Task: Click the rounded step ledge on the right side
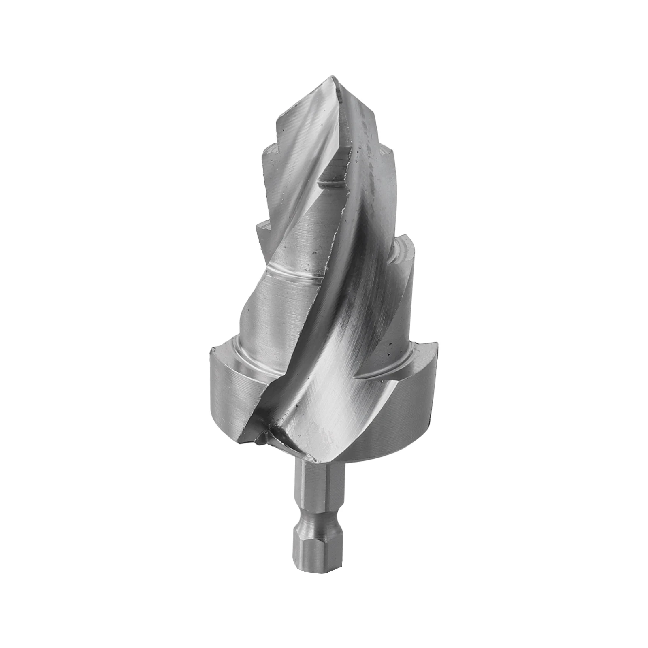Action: click(403, 247)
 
